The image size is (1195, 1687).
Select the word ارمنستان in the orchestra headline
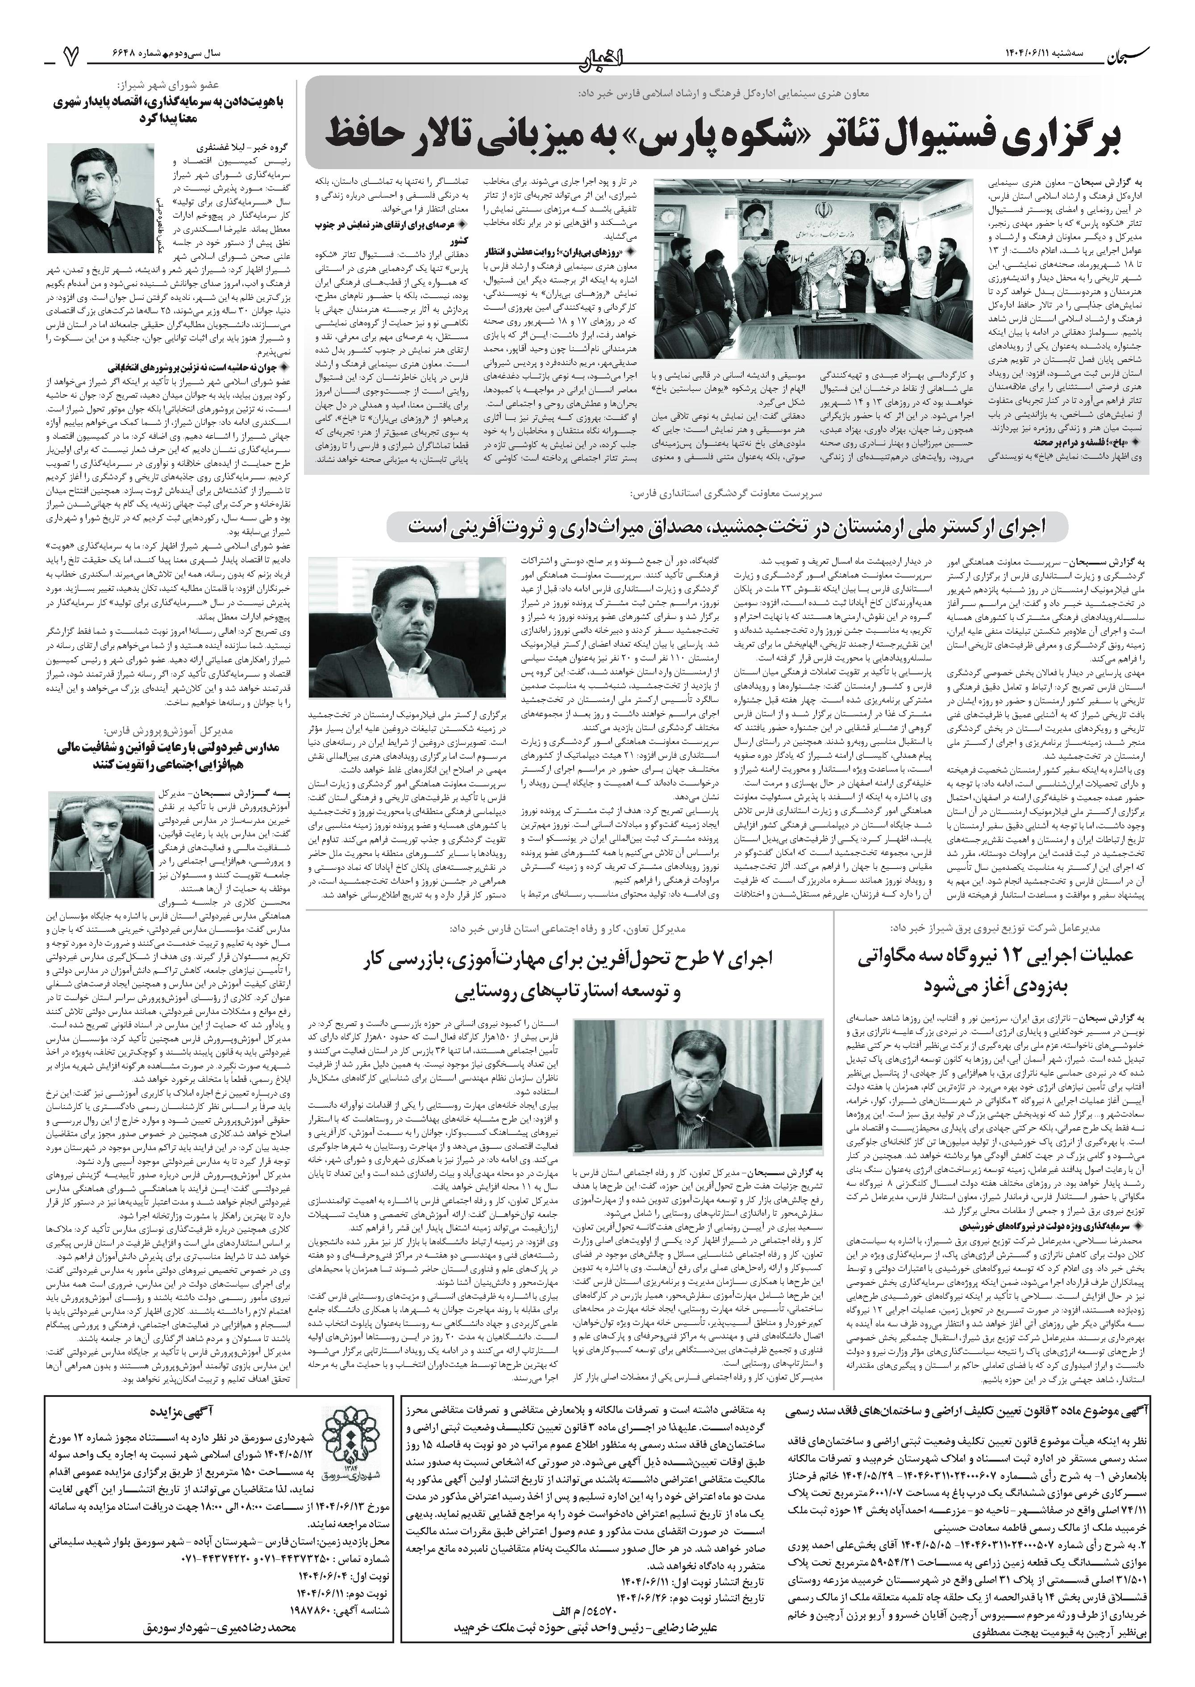tap(829, 526)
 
